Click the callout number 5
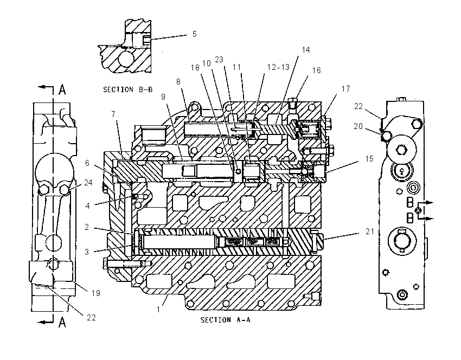194,34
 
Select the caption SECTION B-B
128,89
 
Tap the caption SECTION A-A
226,320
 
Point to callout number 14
306,50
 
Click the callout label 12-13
278,67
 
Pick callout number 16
316,70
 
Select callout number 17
346,88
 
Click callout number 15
369,159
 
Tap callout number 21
370,232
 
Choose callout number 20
358,126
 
